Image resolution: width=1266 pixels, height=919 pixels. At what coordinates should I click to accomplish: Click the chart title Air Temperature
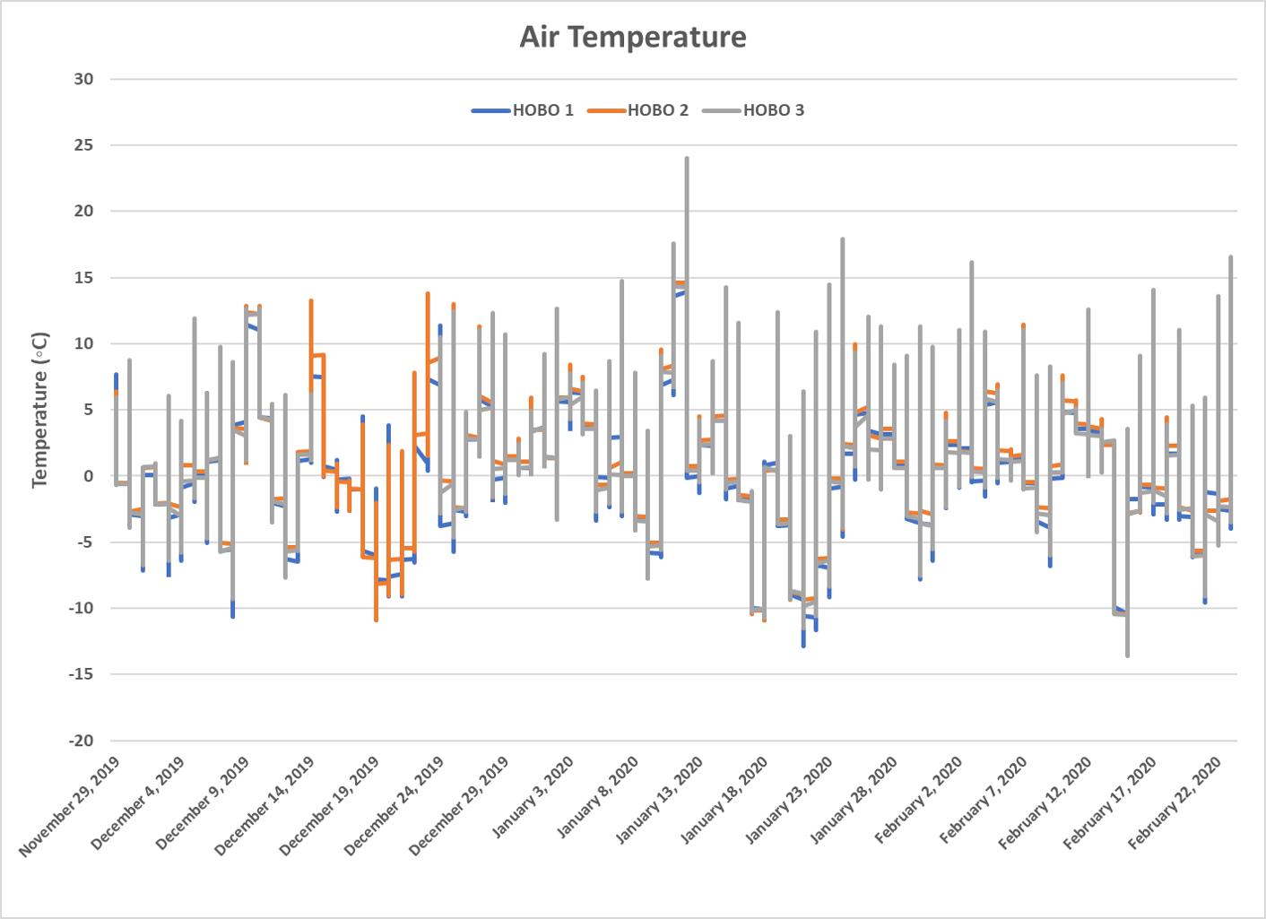(633, 37)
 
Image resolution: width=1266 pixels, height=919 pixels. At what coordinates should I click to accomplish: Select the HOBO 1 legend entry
(542, 110)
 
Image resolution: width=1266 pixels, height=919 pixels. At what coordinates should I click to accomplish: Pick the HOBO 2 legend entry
(657, 110)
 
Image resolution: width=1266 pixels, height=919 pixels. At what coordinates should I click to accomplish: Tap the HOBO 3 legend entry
(773, 110)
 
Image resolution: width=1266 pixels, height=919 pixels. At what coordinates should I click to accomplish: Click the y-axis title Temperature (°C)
(40, 410)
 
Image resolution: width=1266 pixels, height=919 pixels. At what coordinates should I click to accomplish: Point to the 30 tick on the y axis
(83, 79)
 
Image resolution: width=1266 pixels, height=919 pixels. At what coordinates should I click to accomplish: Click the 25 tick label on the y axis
(83, 145)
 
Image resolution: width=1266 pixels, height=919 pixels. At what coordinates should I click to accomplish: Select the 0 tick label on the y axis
(88, 476)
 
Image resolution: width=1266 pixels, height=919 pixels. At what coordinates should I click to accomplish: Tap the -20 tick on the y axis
(80, 741)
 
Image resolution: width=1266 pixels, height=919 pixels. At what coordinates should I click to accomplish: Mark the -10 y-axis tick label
(80, 608)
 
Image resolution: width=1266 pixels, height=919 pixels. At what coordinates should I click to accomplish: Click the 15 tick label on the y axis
(83, 278)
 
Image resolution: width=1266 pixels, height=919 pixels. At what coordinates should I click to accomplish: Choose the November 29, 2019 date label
(69, 806)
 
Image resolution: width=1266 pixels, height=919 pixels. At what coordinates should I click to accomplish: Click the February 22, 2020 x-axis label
(1175, 802)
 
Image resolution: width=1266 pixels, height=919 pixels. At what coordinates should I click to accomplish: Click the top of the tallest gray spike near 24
(687, 159)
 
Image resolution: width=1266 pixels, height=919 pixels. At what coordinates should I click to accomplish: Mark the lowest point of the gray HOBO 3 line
(1127, 655)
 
